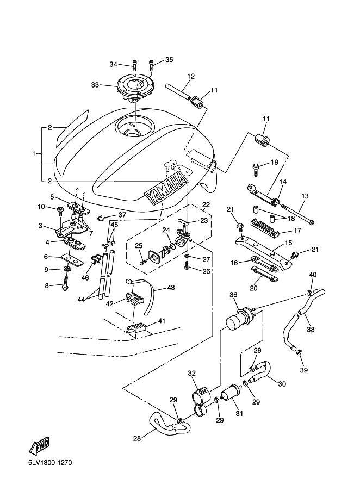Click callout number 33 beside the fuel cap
click(95, 85)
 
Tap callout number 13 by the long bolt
click(305, 196)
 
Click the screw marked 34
click(135, 65)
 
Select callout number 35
click(169, 60)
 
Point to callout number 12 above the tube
click(191, 76)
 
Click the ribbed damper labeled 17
click(265, 227)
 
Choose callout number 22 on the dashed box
click(206, 205)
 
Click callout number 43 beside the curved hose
click(171, 288)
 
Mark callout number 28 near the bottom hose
click(137, 438)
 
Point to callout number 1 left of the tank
click(34, 154)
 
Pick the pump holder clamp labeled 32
click(201, 401)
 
